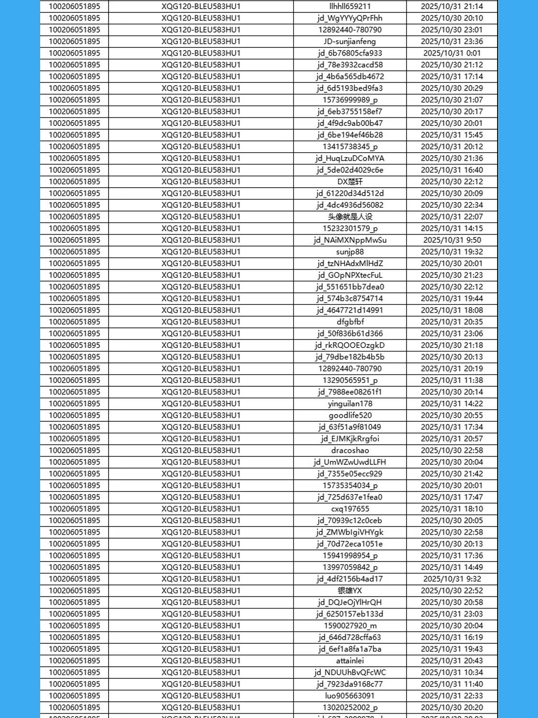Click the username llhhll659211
pos(350,7)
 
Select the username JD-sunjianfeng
pos(350,42)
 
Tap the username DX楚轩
pos(350,182)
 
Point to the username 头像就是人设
pos(350,217)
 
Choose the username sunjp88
pos(350,252)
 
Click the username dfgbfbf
pos(350,322)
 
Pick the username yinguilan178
pos(350,404)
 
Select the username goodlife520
pos(350,415)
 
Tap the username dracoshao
pos(350,450)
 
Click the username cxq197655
pos(350,509)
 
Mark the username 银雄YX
pos(350,591)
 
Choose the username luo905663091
pos(350,696)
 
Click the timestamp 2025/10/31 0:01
pos(451,53)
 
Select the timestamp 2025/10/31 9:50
pos(451,240)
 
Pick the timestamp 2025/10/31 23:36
pos(451,42)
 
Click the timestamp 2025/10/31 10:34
pos(451,673)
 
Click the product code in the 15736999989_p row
pos(201,100)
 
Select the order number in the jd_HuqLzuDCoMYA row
pos(75,158)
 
